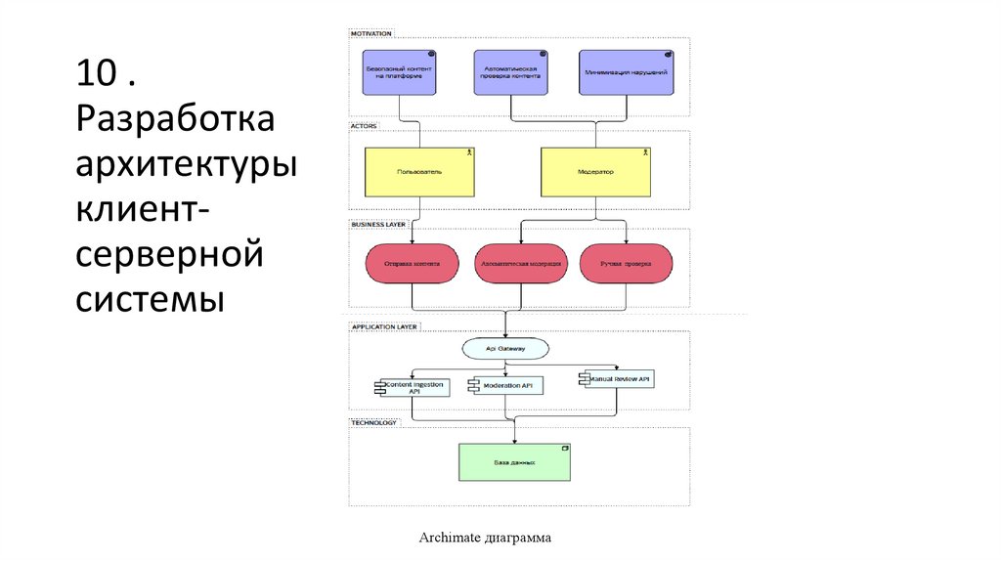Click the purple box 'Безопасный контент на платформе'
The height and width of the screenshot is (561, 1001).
coord(399,72)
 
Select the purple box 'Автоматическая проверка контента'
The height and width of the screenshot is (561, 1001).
coord(511,72)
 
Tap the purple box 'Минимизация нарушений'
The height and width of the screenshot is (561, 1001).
coord(626,72)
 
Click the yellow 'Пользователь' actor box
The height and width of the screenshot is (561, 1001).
coord(419,171)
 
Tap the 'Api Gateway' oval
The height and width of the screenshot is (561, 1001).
coord(504,348)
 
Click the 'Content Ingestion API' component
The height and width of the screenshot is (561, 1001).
coord(413,387)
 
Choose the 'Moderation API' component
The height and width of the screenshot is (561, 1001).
coord(507,386)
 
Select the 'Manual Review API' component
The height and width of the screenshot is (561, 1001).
coord(618,377)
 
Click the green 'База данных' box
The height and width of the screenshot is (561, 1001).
coord(515,461)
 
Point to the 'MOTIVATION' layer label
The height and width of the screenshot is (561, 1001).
coord(371,33)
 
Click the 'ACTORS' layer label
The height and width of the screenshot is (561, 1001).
coord(364,126)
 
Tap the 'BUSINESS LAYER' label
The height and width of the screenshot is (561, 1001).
coord(378,224)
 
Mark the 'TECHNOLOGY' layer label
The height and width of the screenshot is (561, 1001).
coord(373,422)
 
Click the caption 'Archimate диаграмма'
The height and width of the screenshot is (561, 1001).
coord(485,538)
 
